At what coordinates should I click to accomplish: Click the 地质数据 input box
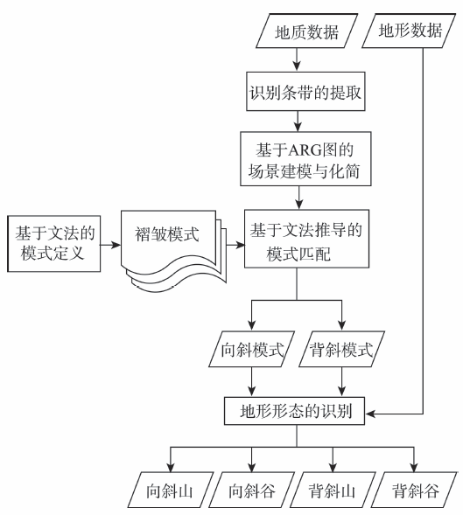pos(306,31)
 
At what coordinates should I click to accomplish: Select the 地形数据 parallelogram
pos(409,31)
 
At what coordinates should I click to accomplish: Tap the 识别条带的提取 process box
pos(305,91)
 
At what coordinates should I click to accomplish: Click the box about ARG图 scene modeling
pos(305,159)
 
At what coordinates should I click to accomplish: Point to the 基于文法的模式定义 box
pos(54,244)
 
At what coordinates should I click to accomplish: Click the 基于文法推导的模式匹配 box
pos(306,239)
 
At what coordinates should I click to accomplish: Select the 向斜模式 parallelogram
pos(251,349)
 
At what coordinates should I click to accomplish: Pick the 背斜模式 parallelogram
pos(341,349)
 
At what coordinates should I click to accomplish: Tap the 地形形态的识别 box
pos(294,411)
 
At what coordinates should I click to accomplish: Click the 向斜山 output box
pos(171,490)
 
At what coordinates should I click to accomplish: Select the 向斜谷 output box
pos(251,490)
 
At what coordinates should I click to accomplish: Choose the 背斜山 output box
pos(333,490)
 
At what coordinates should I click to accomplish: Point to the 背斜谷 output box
pos(414,490)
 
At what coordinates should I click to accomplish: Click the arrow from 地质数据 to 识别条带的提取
pos(297,59)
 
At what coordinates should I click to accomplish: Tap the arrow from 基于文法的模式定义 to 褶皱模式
pos(110,245)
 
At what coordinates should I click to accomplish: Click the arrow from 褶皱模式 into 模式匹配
pos(235,245)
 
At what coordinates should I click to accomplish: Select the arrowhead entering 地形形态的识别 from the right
pos(370,414)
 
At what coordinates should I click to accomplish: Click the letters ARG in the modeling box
pos(304,150)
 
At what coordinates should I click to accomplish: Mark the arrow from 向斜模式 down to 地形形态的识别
pos(251,381)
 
